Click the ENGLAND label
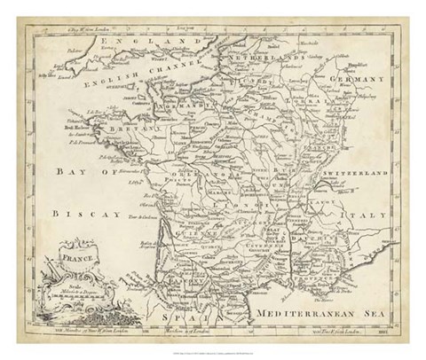tap(132, 41)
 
